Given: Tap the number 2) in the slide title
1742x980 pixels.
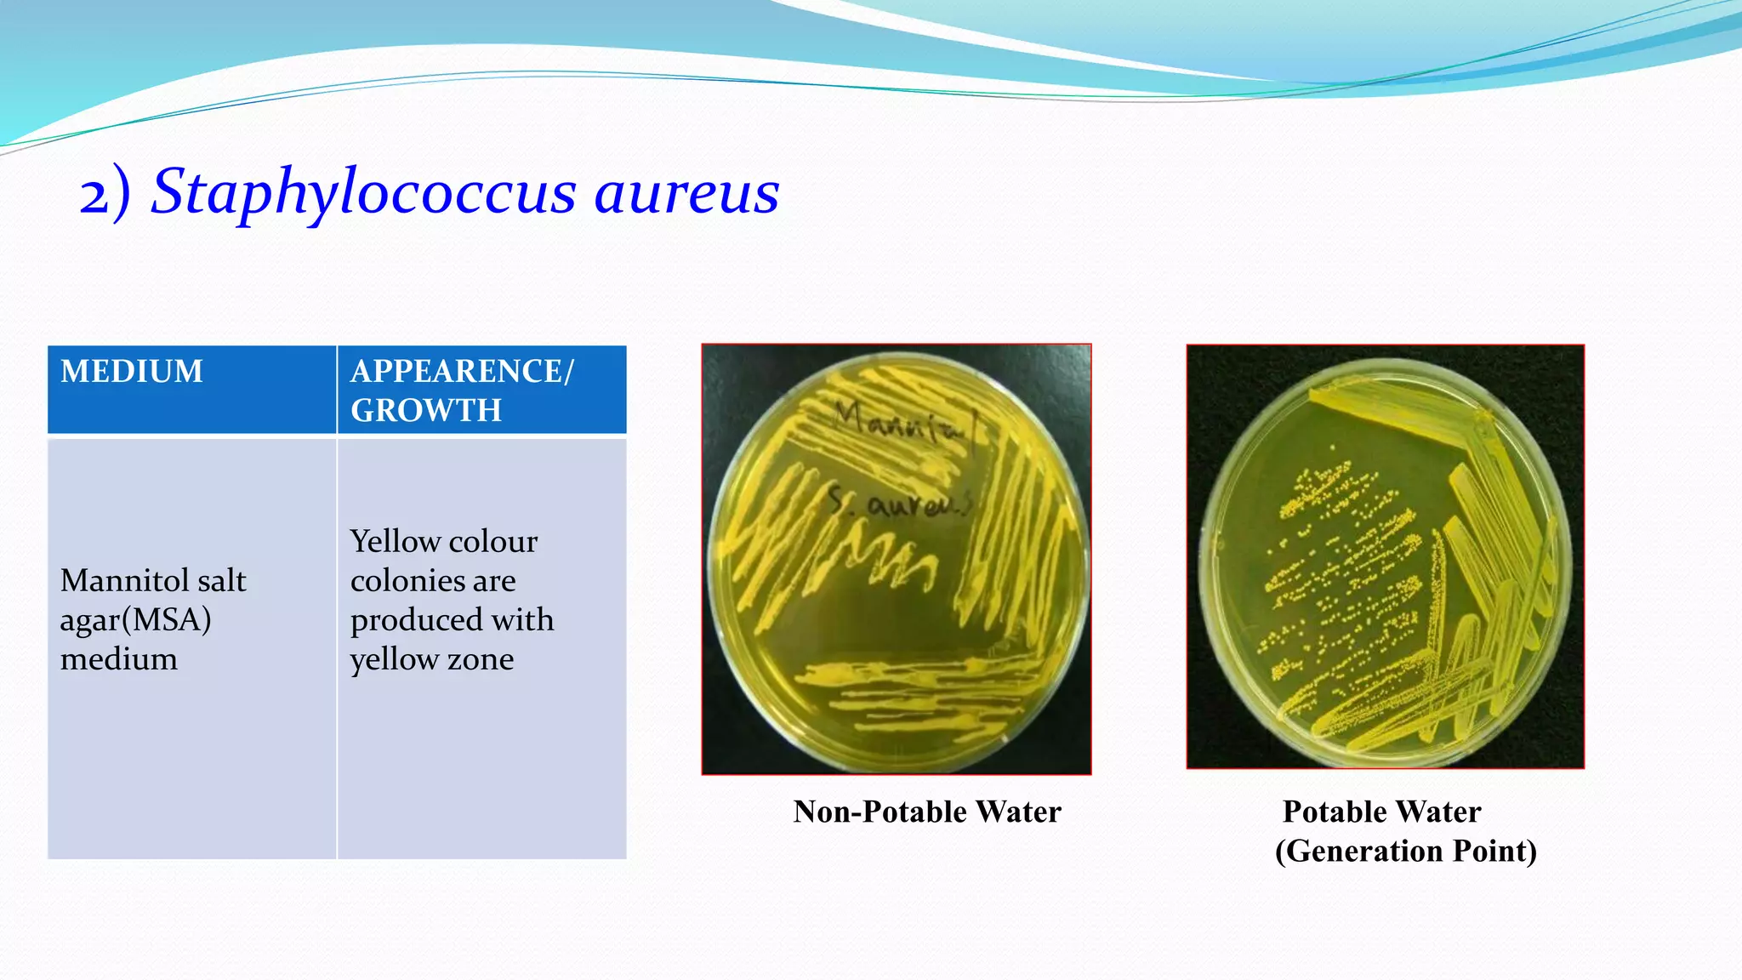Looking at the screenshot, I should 105,195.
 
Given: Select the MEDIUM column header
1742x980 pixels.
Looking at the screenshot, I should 132,372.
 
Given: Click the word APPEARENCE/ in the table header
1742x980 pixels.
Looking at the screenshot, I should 462,372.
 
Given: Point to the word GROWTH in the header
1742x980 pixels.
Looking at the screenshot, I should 426,411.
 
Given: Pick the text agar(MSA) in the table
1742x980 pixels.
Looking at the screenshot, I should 135,620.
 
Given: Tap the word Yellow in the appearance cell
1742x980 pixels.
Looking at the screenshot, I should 395,542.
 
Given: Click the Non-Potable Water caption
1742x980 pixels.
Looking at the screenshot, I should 927,812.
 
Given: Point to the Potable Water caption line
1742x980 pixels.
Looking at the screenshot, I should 1381,812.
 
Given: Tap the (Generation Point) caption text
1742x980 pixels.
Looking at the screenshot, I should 1405,851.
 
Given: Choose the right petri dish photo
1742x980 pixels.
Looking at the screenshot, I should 1385,557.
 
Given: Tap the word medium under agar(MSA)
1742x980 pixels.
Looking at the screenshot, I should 119,659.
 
